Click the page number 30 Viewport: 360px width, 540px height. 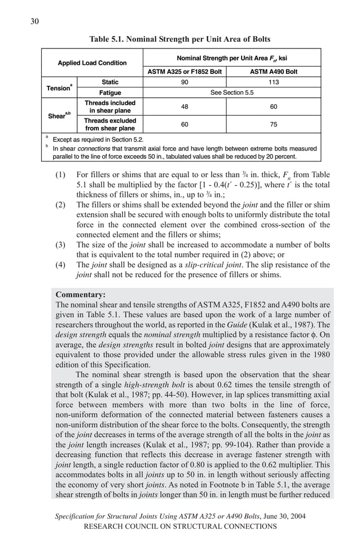tap(35, 21)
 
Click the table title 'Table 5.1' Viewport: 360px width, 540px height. tap(180, 39)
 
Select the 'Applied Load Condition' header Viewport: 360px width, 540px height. tap(92, 63)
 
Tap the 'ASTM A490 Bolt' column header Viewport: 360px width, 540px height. tap(274, 72)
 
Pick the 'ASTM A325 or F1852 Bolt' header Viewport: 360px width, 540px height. tap(185, 72)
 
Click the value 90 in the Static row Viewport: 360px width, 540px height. tap(185, 82)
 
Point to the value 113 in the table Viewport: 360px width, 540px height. tap(274, 82)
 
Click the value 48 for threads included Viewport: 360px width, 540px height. tap(185, 107)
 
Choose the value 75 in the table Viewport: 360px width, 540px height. tap(274, 124)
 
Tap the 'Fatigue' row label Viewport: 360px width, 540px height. tap(111, 93)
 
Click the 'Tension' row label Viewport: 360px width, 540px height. tap(59, 87)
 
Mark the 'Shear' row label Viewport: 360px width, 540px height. tap(59, 116)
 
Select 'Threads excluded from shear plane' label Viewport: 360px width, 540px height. tap(111, 124)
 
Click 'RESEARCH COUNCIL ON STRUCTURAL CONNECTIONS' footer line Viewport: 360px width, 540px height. tap(180, 526)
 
